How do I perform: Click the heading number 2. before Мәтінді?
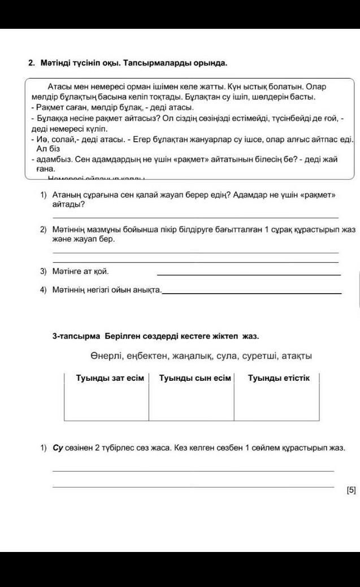(x=32, y=63)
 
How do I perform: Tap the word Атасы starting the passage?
(x=58, y=88)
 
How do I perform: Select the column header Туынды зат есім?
(x=110, y=378)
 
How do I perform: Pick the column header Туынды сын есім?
(x=195, y=378)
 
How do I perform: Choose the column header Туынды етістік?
(x=279, y=378)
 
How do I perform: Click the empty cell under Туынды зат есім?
(x=107, y=403)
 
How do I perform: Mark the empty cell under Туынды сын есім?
(x=191, y=403)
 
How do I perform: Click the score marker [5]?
(x=351, y=490)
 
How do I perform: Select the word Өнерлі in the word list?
(x=104, y=356)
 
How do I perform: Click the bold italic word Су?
(x=57, y=448)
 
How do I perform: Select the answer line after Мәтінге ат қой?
(x=249, y=274)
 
